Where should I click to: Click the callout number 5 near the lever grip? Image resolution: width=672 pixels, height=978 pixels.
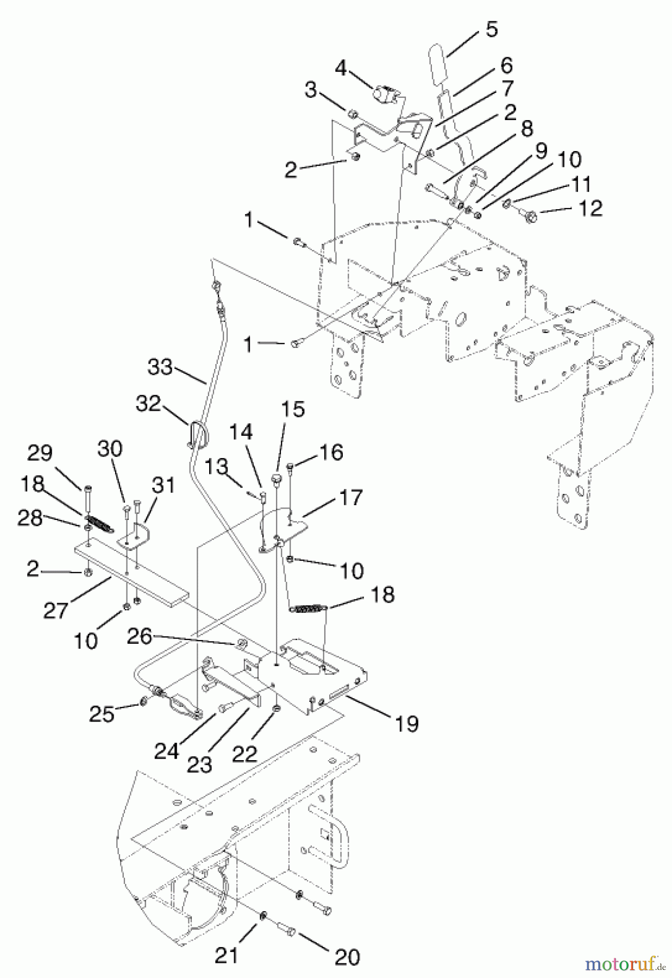491,29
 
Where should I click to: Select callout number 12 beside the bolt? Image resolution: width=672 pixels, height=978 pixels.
589,209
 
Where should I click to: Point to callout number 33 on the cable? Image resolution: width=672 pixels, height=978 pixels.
160,367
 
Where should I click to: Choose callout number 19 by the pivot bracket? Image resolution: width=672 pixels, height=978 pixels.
406,723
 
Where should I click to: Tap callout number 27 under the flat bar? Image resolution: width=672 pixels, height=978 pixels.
55,610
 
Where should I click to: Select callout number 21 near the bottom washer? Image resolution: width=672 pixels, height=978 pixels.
227,954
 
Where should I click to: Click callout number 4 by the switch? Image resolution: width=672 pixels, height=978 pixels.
341,68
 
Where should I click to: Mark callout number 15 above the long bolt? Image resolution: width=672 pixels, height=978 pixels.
293,409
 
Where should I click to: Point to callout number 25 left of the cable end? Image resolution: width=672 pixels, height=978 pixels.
102,713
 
